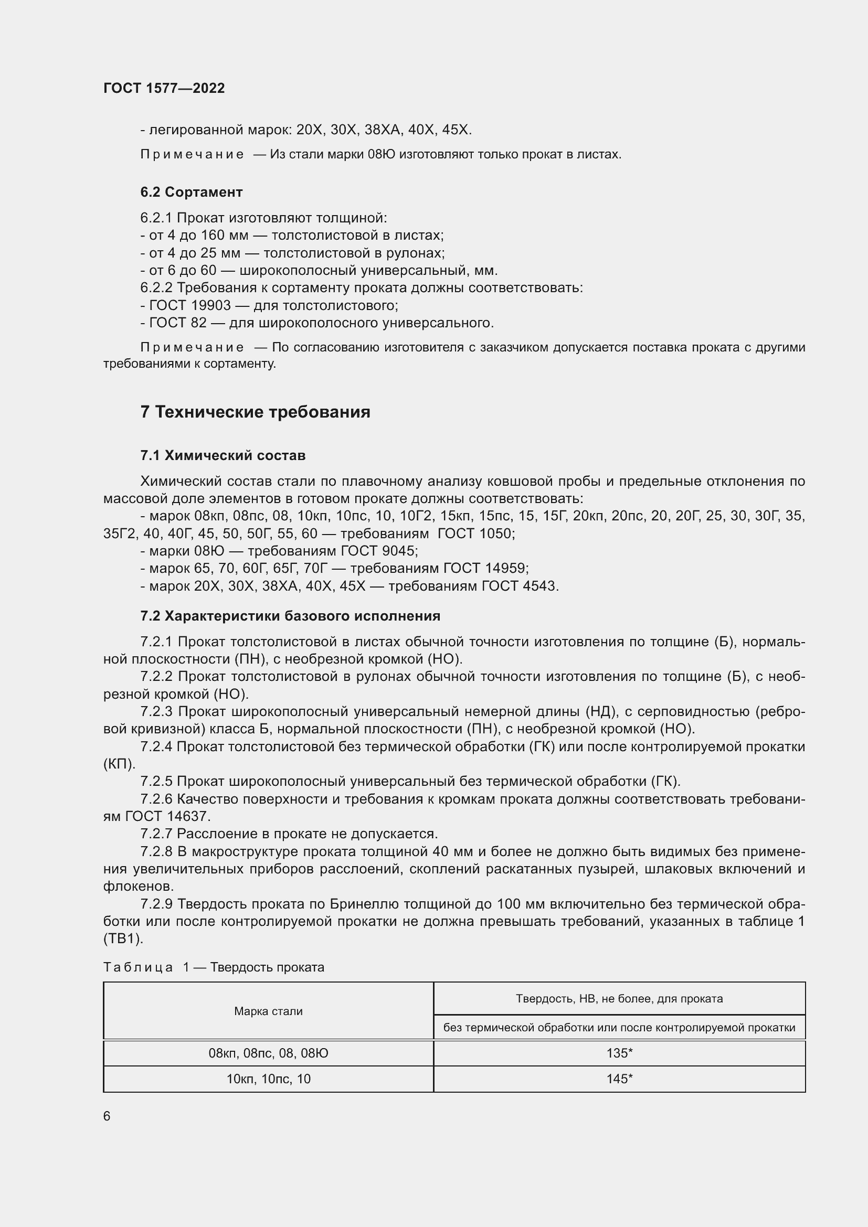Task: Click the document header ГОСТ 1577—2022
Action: tap(164, 88)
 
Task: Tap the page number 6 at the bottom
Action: tap(107, 1116)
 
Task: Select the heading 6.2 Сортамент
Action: tap(192, 192)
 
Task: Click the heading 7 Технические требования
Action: tap(255, 412)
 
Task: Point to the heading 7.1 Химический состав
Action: tap(223, 455)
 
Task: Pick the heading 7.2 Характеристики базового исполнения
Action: tap(290, 616)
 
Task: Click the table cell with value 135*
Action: tap(619, 1053)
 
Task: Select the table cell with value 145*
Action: tap(619, 1079)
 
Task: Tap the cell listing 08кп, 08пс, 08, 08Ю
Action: tap(268, 1053)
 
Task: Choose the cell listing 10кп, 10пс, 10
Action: tap(268, 1079)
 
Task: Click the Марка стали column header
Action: tap(268, 1011)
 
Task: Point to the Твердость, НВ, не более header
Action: tap(619, 998)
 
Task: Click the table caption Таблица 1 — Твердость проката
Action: tap(214, 967)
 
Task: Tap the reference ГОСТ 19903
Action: tap(190, 306)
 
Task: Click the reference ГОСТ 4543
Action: tap(520, 586)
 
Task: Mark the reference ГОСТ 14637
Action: tap(167, 816)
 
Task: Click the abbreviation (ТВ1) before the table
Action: tap(123, 939)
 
